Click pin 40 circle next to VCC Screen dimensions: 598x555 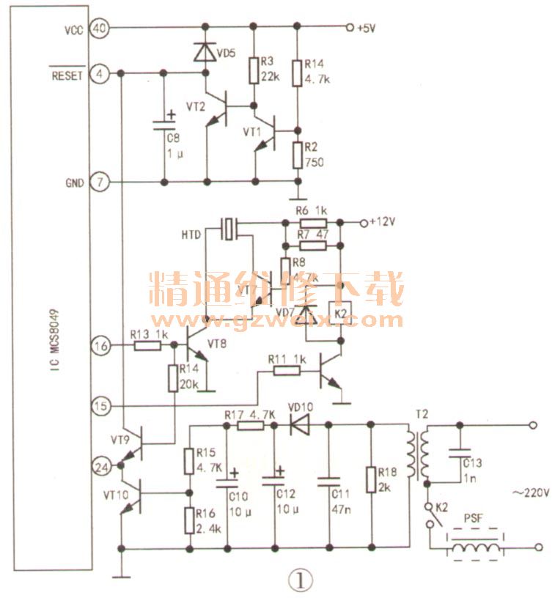point(99,29)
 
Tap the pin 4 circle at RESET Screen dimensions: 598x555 point(99,73)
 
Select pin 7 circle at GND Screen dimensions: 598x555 point(99,181)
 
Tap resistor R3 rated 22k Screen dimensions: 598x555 point(253,70)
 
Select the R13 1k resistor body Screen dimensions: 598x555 point(148,346)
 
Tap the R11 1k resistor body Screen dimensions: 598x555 point(286,371)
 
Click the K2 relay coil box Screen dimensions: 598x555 point(339,314)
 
